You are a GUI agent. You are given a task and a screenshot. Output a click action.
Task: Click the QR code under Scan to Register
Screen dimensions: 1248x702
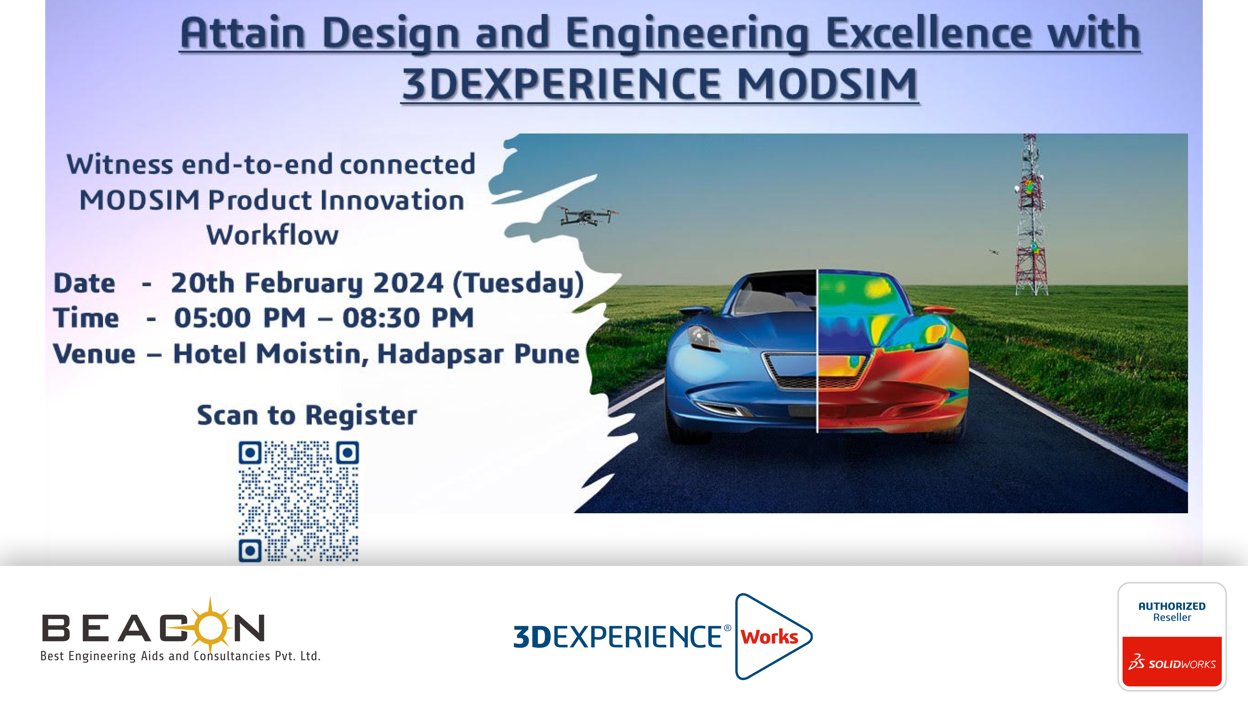[x=299, y=501]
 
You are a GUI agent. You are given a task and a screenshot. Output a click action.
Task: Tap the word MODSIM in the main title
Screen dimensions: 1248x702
[x=827, y=84]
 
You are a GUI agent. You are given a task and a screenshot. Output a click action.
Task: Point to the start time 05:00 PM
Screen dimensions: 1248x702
[x=240, y=318]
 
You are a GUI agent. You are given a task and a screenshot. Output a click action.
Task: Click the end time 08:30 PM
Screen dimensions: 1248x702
[x=408, y=318]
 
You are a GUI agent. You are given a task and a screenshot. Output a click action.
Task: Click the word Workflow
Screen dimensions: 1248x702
[x=272, y=236]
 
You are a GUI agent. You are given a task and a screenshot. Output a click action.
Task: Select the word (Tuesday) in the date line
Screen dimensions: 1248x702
[x=518, y=283]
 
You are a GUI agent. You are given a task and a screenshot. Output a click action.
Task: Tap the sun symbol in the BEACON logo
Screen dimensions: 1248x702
[x=210, y=626]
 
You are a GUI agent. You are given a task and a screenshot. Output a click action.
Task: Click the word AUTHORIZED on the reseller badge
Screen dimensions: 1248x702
[x=1172, y=606]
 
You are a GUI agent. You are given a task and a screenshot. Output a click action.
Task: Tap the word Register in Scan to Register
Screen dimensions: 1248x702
[x=361, y=416]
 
